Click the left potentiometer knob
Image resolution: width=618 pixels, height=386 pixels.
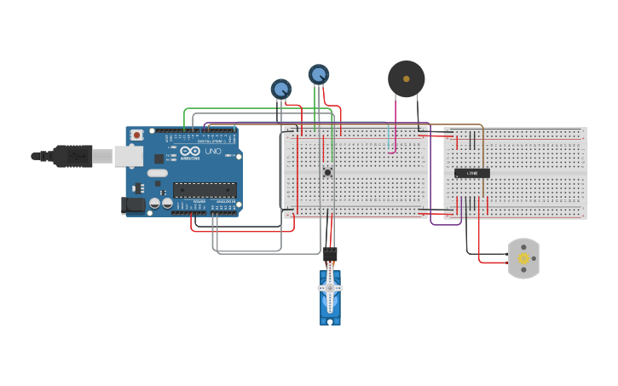pyautogui.click(x=280, y=88)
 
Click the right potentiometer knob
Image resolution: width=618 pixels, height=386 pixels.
pyautogui.click(x=318, y=75)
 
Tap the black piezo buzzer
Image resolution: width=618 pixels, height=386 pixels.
pyautogui.click(x=406, y=79)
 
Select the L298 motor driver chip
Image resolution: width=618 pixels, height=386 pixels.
pyautogui.click(x=471, y=173)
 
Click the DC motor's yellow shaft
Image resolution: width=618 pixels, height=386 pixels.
pyautogui.click(x=523, y=257)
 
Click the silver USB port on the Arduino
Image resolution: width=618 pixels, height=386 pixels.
pyautogui.click(x=129, y=155)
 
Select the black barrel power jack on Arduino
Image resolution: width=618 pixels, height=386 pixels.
pyautogui.click(x=132, y=205)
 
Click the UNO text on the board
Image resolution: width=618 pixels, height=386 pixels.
pyautogui.click(x=213, y=152)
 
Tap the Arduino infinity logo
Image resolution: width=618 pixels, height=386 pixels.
pyautogui.click(x=189, y=153)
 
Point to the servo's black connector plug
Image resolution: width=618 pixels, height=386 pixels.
pyautogui.click(x=330, y=254)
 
